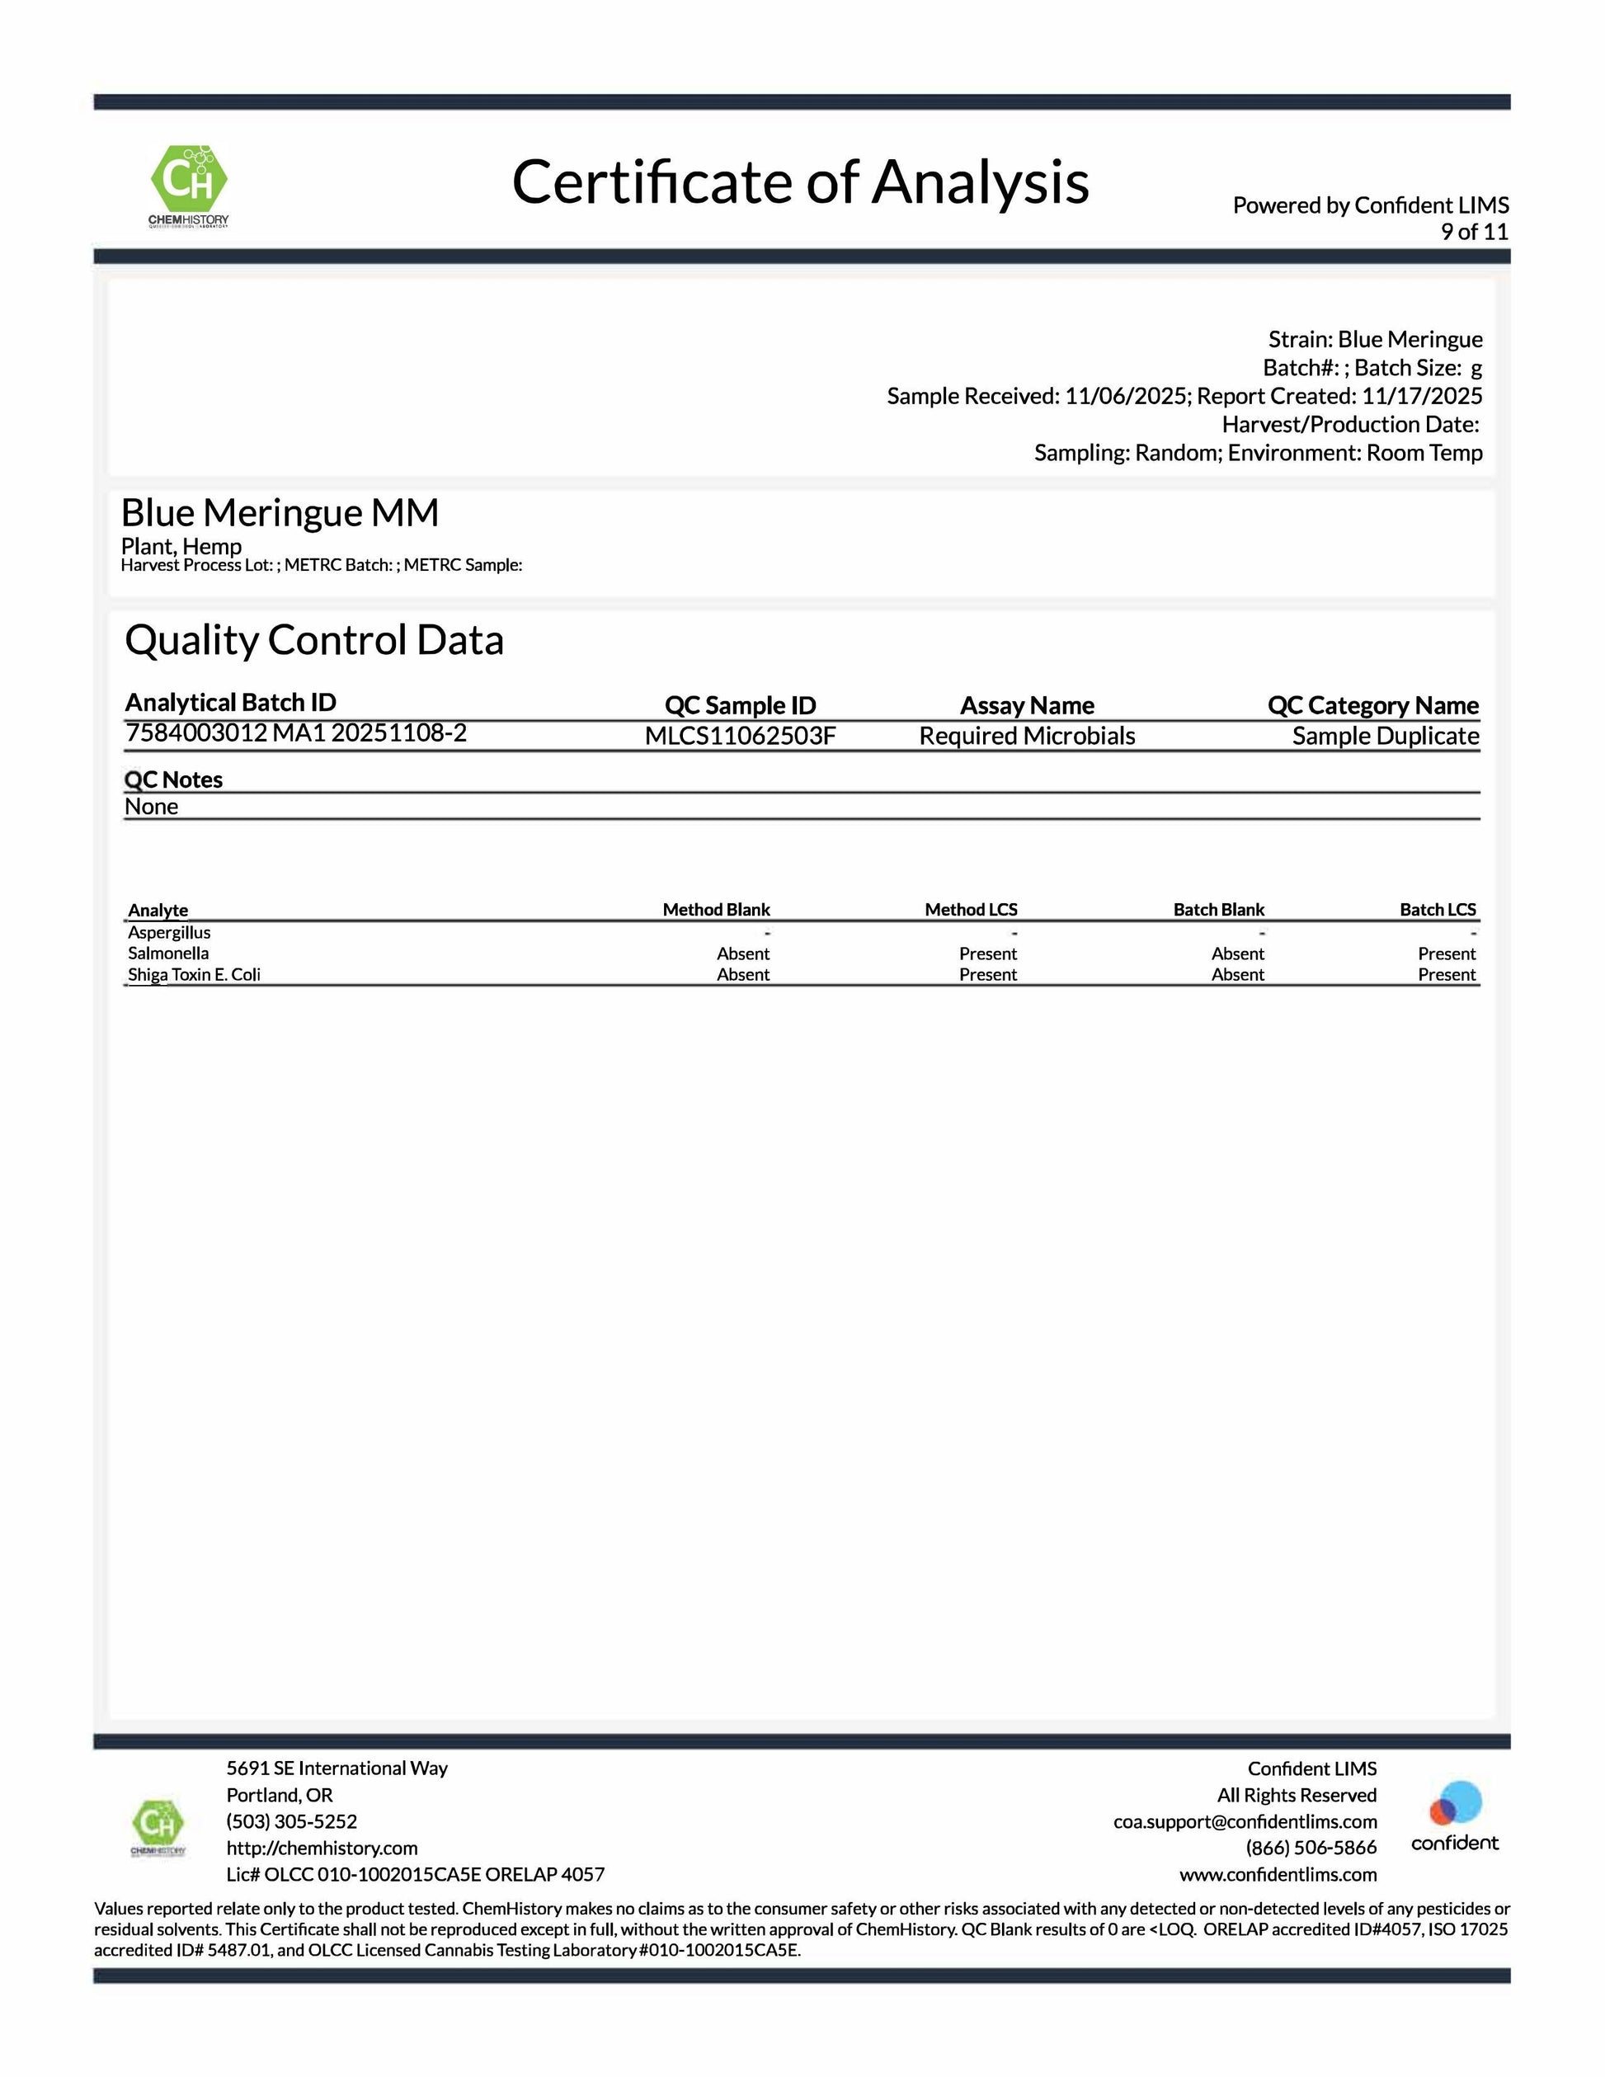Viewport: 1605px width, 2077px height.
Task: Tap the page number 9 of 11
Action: click(x=1474, y=232)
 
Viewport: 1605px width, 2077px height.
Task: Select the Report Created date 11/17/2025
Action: click(x=1422, y=396)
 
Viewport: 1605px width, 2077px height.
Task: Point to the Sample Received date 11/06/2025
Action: click(x=1125, y=396)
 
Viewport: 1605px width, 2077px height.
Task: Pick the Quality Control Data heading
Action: click(x=313, y=640)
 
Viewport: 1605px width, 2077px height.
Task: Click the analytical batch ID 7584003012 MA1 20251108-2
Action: click(x=296, y=732)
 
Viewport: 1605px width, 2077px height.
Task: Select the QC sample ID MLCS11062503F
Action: click(x=740, y=736)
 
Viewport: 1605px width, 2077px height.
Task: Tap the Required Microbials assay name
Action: click(x=1027, y=736)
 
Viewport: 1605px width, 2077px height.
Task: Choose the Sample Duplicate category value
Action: click(x=1385, y=736)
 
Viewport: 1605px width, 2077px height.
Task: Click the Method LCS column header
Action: click(x=971, y=909)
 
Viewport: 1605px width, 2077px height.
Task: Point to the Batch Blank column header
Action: click(x=1218, y=909)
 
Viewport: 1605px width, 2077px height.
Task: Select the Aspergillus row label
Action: click(x=169, y=932)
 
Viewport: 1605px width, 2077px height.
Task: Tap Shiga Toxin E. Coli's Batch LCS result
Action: click(x=1446, y=974)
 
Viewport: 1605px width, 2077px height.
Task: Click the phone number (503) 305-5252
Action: click(x=292, y=1821)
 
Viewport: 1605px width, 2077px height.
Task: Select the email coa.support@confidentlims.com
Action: click(x=1245, y=1821)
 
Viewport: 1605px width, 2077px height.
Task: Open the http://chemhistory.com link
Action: click(x=322, y=1848)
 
